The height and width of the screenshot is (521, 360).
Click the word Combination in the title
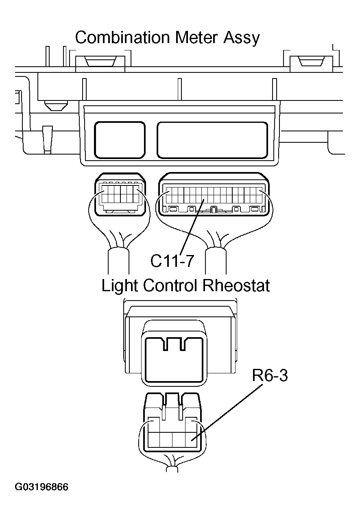(x=122, y=38)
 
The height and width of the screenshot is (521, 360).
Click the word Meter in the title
(x=197, y=38)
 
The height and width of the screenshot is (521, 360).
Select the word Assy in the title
(x=241, y=38)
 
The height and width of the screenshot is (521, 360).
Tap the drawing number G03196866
(x=41, y=487)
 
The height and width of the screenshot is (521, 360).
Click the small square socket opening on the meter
(x=120, y=140)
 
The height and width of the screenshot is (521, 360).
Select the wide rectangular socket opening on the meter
(x=212, y=140)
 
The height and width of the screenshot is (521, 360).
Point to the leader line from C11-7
(x=192, y=226)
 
